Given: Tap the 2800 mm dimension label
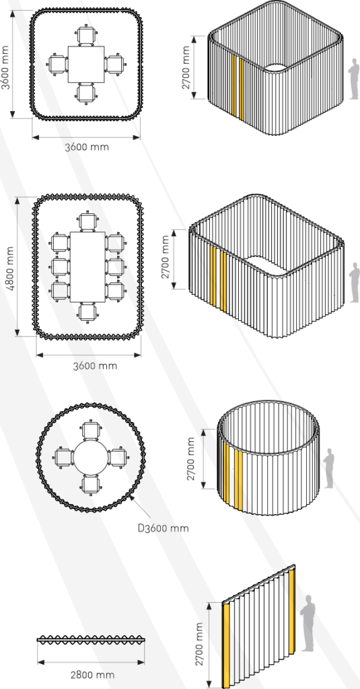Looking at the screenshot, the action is [x=92, y=674].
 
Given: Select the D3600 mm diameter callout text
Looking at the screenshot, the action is [x=164, y=528].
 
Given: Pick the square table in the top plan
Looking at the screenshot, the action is [x=87, y=64].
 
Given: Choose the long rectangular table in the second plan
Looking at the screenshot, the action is [x=88, y=266].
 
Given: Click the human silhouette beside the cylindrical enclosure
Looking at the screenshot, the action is [x=329, y=468].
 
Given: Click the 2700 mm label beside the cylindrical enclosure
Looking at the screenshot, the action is [x=191, y=459].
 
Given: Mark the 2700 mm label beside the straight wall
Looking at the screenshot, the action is [x=200, y=644].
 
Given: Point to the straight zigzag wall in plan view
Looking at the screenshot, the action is [x=91, y=640].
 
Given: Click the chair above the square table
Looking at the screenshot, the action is [x=86, y=36].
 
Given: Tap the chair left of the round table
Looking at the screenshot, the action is [x=63, y=457].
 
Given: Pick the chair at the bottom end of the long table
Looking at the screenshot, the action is [x=88, y=312].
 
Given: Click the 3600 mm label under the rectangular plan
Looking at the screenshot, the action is [x=95, y=365].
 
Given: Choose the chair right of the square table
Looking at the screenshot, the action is [x=114, y=64].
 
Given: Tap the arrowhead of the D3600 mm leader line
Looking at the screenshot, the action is [x=131, y=497].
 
